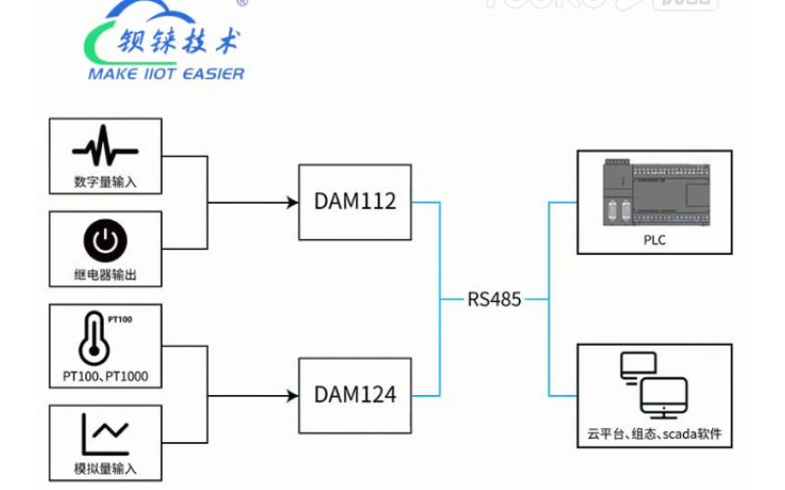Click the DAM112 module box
[355, 202]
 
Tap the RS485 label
[494, 298]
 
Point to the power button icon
[105, 241]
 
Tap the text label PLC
[654, 239]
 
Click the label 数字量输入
[105, 181]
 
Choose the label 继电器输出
[105, 275]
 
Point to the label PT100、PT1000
[105, 376]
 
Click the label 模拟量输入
[105, 467]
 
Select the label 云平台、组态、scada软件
[654, 433]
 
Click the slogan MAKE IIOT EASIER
[167, 73]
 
